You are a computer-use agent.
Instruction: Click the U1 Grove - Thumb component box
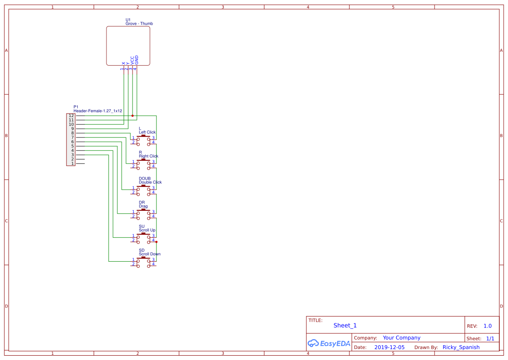(128, 46)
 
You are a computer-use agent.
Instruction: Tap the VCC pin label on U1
(132, 60)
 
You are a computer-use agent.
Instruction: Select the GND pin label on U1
(136, 60)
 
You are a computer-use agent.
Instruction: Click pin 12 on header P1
(71, 116)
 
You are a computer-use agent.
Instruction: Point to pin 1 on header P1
(72, 163)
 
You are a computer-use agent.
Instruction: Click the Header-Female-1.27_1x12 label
(98, 111)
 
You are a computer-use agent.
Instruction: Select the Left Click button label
(147, 132)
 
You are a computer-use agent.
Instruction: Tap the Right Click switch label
(149, 156)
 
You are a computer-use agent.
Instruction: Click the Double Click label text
(150, 182)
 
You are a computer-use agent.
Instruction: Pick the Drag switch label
(143, 207)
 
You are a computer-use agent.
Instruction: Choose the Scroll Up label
(147, 230)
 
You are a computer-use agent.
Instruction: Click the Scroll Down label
(149, 254)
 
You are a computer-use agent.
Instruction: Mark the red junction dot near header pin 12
(133, 116)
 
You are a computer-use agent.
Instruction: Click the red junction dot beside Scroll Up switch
(156, 242)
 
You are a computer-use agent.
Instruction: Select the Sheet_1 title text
(345, 325)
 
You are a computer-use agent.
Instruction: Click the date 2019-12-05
(389, 347)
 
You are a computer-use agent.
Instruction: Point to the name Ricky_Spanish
(461, 347)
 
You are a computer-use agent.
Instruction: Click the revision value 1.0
(488, 326)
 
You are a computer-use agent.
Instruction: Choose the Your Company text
(402, 338)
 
